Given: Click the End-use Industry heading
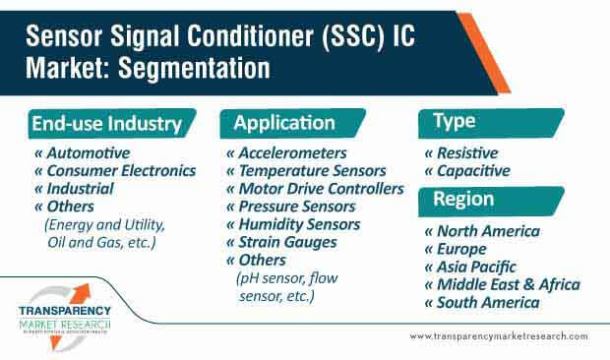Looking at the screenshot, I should point(106,124).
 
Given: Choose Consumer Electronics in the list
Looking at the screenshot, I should point(115,171).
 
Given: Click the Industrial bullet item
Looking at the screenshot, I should point(78,189).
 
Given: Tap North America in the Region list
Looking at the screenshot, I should point(481,231).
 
